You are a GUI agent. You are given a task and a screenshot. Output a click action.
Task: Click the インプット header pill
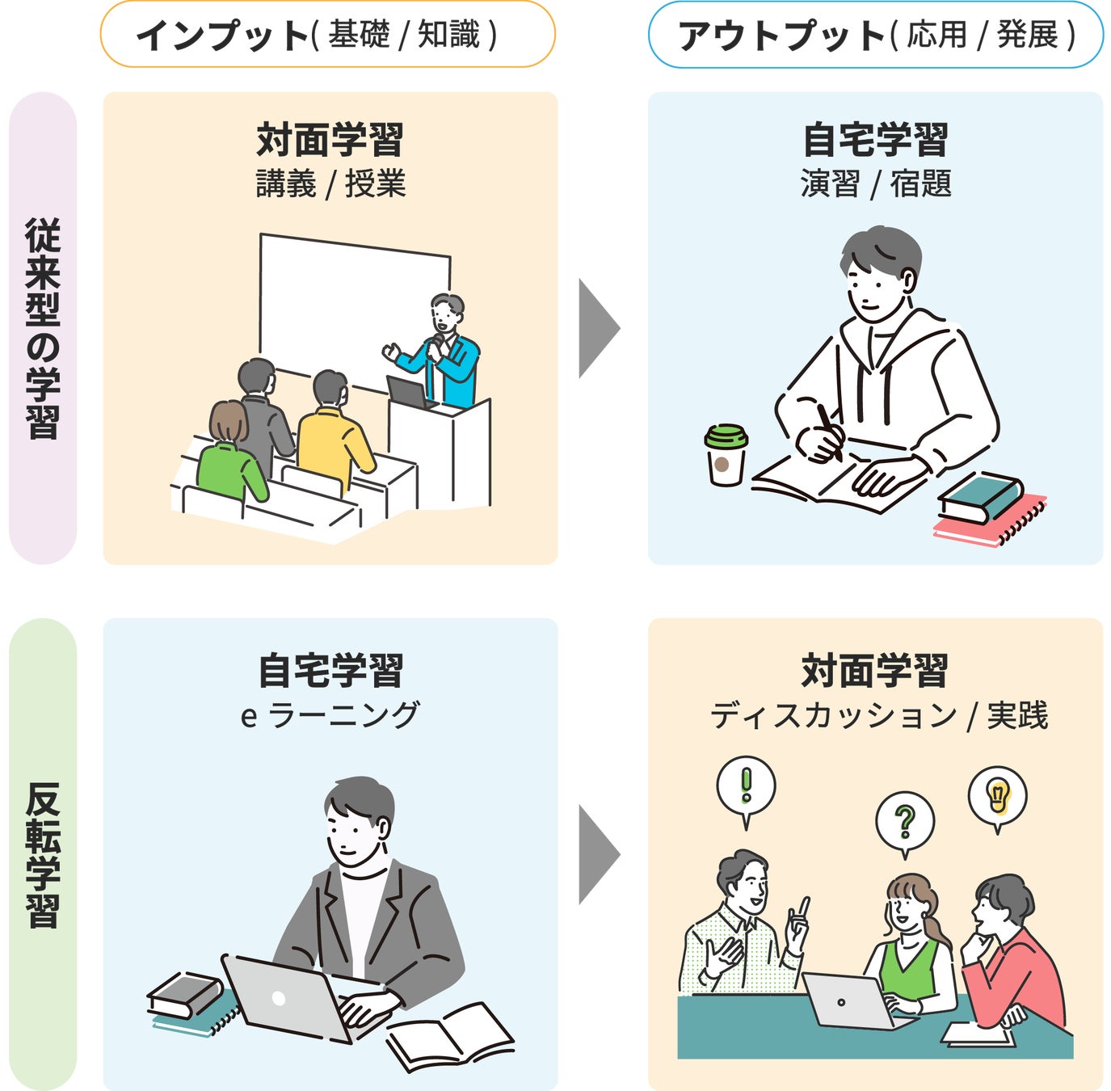tap(327, 35)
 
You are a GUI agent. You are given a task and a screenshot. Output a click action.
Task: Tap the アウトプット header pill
tap(875, 35)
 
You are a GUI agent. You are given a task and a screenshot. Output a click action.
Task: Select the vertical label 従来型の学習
tap(43, 327)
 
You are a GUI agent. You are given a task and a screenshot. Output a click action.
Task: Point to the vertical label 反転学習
tap(43, 854)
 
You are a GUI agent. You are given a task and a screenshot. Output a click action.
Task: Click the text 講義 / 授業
tap(330, 184)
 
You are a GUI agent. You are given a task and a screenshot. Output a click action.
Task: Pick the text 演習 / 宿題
tap(875, 184)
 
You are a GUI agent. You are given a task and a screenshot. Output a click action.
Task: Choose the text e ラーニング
tap(330, 715)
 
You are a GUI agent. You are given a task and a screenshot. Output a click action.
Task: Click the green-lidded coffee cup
tap(726, 455)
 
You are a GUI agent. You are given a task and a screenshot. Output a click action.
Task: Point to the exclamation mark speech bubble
tap(746, 786)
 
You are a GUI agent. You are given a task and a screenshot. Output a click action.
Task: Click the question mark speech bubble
tap(905, 821)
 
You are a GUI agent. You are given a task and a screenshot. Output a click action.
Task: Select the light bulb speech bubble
tap(998, 795)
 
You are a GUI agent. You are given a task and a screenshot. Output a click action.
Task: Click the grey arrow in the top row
tap(598, 328)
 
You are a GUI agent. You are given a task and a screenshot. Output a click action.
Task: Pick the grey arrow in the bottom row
tap(598, 854)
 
